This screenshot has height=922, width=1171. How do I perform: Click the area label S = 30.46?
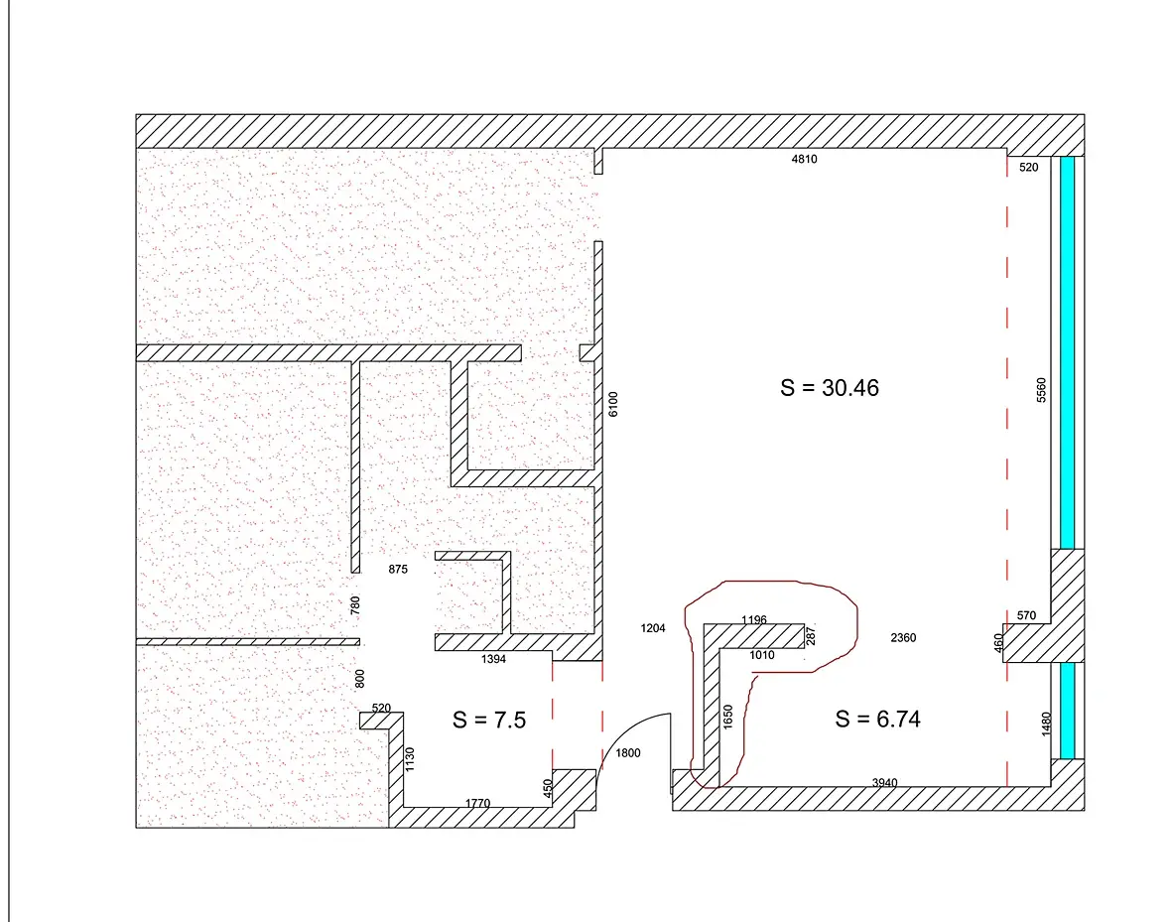pos(829,388)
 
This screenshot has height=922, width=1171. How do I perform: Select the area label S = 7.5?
pos(489,720)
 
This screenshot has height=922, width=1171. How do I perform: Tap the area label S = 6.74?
pos(877,719)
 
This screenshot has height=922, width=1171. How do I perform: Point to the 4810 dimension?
pos(804,159)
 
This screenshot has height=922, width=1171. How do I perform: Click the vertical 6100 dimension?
pos(613,404)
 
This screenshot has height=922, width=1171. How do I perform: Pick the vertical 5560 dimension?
pos(1041,390)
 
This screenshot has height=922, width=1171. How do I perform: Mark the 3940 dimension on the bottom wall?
pos(884,782)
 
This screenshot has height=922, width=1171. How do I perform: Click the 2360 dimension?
pos(903,638)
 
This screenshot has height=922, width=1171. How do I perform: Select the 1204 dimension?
pos(653,628)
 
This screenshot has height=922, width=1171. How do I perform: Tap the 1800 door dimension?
pos(628,753)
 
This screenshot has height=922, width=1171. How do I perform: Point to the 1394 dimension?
pos(493,659)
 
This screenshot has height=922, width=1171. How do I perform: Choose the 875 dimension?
pos(398,570)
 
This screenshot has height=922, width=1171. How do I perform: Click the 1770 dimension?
pos(478,803)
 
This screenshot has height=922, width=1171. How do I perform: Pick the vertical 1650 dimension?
pos(728,717)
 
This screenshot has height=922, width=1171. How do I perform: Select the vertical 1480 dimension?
pos(1046,724)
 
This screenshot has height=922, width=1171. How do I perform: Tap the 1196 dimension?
pos(754,619)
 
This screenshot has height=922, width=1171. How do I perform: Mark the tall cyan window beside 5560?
pos(1067,352)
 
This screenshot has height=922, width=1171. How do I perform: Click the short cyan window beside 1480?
pos(1067,711)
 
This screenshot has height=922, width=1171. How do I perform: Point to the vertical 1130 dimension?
pos(409,759)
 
